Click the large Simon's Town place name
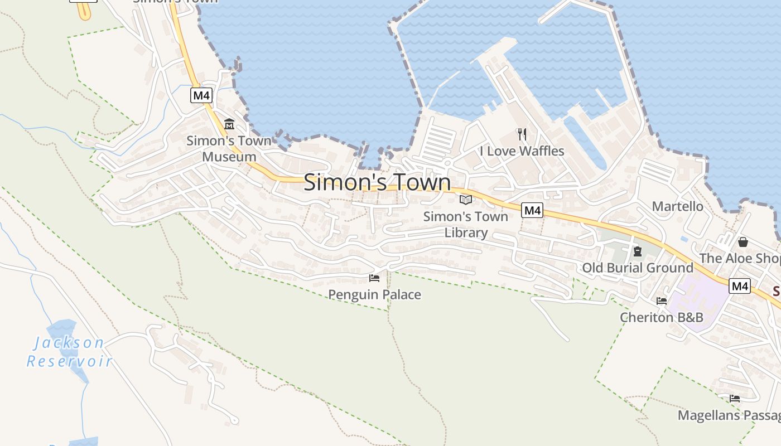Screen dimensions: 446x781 [x=377, y=182]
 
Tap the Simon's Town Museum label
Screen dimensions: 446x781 [x=229, y=149]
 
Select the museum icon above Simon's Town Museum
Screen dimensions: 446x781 [x=229, y=124]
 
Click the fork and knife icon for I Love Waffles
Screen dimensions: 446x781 [x=522, y=134]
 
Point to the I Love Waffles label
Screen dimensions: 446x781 [x=522, y=151]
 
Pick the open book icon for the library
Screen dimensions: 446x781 [x=466, y=200]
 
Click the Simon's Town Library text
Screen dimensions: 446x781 [x=466, y=225]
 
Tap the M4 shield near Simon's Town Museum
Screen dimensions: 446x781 [x=201, y=95]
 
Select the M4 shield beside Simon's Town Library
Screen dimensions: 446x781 [x=532, y=210]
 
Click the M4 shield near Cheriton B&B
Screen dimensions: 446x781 [x=740, y=286]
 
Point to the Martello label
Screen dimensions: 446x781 [x=678, y=206]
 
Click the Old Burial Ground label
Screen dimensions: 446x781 [x=638, y=268]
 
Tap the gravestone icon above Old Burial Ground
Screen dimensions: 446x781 [x=638, y=251]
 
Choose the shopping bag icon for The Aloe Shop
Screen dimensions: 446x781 [x=743, y=242]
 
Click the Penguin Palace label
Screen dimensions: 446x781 [x=374, y=294]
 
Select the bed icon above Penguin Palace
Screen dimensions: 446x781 [x=374, y=278]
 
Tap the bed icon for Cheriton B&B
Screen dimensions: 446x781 [x=662, y=300]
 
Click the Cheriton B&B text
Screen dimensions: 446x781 [x=662, y=317]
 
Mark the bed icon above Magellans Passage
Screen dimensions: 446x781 [x=735, y=399]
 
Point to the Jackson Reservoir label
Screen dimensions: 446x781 [x=69, y=352]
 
